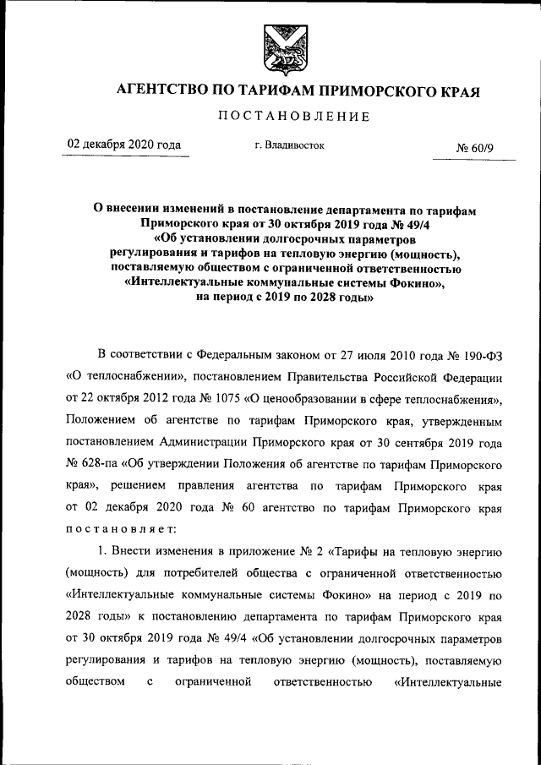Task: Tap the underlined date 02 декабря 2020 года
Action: pos(124,145)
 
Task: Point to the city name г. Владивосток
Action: pos(289,145)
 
